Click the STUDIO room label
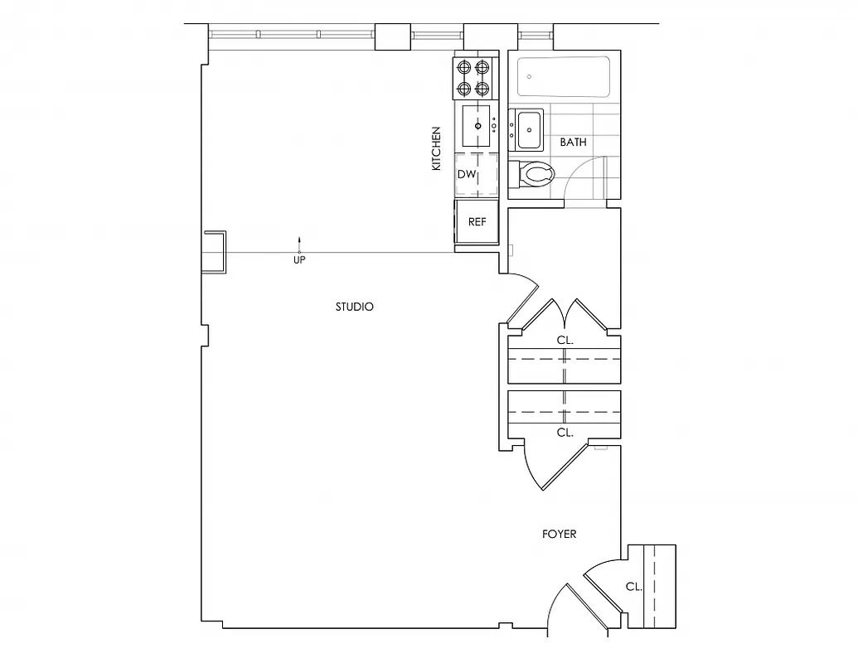[x=354, y=307]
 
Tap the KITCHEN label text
[x=436, y=149]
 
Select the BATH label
[x=573, y=143]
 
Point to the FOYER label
[x=559, y=534]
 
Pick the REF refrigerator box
[x=477, y=222]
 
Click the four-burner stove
[x=475, y=77]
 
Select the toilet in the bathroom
[x=536, y=175]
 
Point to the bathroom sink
[x=528, y=129]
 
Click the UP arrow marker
[x=300, y=244]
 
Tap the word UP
[x=299, y=260]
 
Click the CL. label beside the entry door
[x=633, y=587]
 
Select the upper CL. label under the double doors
[x=565, y=340]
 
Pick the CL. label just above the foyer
[x=565, y=433]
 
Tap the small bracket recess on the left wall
[x=214, y=252]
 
